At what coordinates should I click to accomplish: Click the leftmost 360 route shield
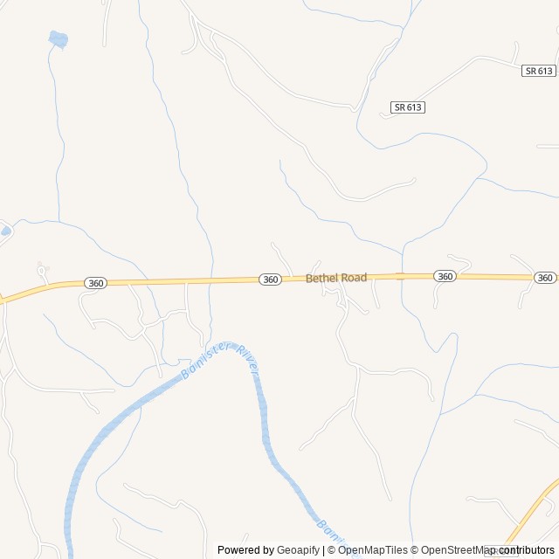click(96, 283)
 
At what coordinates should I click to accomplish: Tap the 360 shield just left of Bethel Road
click(271, 279)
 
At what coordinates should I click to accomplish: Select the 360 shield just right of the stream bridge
click(445, 276)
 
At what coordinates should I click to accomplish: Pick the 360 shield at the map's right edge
click(545, 278)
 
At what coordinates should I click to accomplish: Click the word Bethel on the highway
click(321, 278)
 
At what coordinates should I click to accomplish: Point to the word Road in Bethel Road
click(354, 277)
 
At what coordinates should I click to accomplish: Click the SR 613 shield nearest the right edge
click(540, 71)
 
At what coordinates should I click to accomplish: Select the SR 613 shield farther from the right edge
click(408, 107)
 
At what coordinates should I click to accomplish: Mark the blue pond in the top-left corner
click(58, 39)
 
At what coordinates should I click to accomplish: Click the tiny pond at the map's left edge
click(5, 231)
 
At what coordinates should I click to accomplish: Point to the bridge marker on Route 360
click(401, 276)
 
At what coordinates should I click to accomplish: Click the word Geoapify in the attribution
click(298, 550)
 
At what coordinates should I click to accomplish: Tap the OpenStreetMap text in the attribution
click(454, 550)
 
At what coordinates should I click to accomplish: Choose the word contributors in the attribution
click(527, 550)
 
